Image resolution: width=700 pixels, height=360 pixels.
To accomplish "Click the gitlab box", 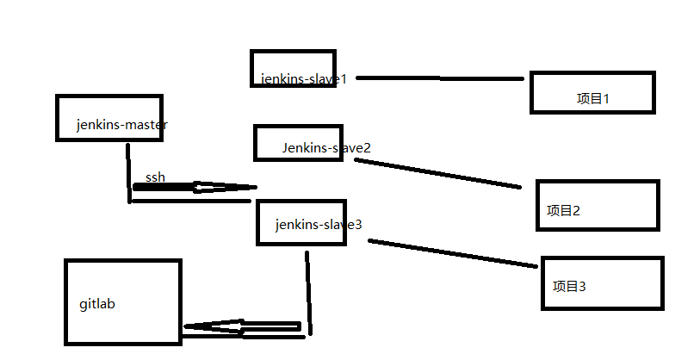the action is [x=123, y=301].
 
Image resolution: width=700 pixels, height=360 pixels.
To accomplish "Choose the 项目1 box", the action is [x=592, y=92].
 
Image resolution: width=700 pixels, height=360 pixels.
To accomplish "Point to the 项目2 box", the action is [x=598, y=205].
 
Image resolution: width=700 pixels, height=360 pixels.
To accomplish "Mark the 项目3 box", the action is [x=603, y=282].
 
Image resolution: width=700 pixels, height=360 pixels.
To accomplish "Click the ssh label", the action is [x=155, y=177].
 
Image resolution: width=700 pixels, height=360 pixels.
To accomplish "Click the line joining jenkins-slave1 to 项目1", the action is [x=439, y=78].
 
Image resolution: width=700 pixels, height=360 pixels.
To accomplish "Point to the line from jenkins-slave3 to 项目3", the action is [x=452, y=253].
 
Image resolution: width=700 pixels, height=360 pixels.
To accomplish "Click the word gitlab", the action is [x=97, y=304].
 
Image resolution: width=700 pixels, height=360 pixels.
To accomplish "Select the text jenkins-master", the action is [x=121, y=125].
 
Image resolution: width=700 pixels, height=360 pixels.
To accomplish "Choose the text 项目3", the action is [x=569, y=287].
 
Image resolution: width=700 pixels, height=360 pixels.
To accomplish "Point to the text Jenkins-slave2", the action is [x=326, y=148].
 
